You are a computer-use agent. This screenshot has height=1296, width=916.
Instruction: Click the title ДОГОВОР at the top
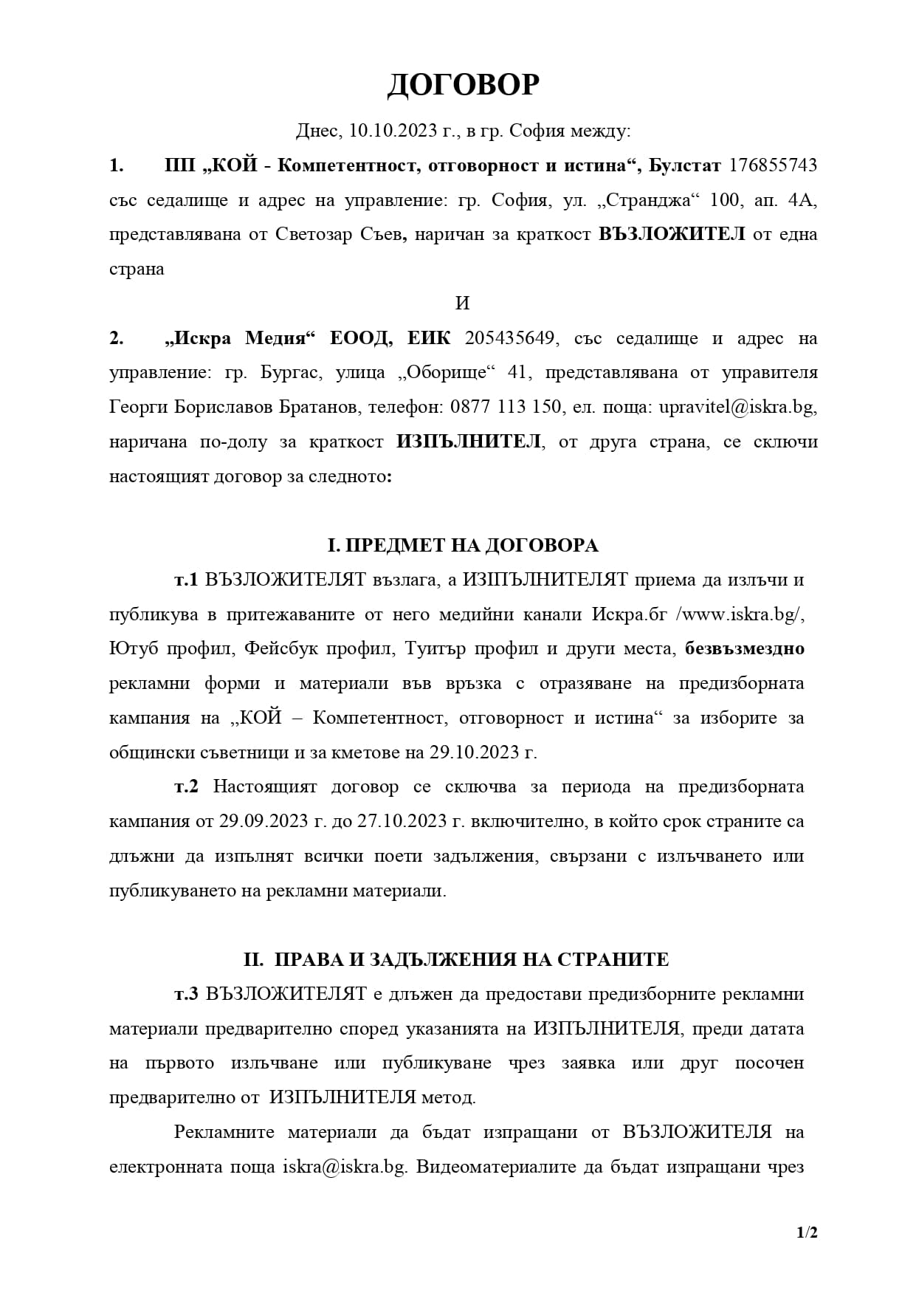[463, 86]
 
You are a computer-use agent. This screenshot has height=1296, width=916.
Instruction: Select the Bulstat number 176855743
[773, 165]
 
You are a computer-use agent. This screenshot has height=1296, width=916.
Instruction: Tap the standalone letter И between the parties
[463, 304]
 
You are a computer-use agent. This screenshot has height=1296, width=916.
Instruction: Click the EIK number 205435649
[510, 338]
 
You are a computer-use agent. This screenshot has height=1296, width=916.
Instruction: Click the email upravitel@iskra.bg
[737, 407]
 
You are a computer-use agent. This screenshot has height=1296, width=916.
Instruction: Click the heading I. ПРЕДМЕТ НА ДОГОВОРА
[463, 545]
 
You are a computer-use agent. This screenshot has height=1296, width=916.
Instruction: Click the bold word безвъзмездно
[744, 648]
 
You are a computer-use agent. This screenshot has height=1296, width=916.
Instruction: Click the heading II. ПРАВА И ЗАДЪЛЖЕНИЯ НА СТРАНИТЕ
[456, 959]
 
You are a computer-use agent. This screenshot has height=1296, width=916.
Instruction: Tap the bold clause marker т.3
[186, 994]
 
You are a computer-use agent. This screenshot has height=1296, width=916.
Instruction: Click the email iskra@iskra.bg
[344, 1167]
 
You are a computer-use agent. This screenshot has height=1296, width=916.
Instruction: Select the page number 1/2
[807, 1232]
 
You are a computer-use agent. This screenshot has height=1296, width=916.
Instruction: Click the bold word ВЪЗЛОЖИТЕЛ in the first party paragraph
[672, 234]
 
